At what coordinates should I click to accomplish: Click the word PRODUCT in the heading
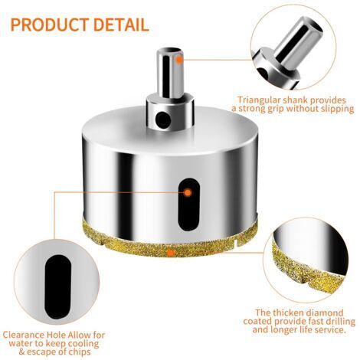pos(50,25)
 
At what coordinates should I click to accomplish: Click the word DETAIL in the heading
pos(121,25)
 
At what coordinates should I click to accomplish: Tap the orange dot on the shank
pos(179,60)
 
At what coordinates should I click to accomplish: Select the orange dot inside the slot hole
pos(188,193)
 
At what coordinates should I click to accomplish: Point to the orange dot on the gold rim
pos(170,253)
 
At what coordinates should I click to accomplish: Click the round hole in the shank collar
pos(163,119)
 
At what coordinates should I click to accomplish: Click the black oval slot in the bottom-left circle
pos(57,286)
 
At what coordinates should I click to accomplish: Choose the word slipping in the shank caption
pos(337,109)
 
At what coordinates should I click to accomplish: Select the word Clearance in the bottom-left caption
pos(24,335)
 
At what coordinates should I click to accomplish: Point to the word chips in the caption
pos(80,352)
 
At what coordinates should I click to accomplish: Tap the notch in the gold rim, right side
pos(236,242)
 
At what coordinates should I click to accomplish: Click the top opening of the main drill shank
pos(170,50)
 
